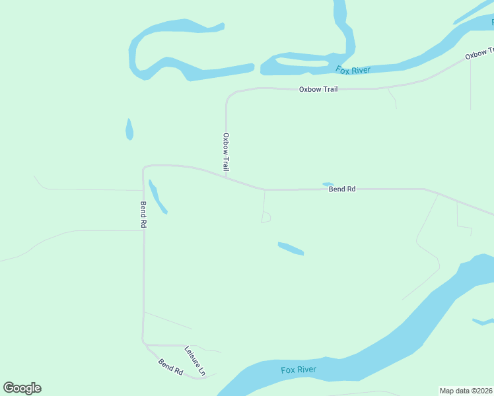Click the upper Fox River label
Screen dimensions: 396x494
coord(353,70)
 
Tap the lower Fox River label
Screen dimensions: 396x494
coord(299,370)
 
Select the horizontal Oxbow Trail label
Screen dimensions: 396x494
coord(318,89)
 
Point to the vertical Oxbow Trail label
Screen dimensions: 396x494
coord(226,152)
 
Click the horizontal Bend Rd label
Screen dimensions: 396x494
coord(342,189)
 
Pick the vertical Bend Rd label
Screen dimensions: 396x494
coord(143,214)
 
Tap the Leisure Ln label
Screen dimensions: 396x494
coord(195,361)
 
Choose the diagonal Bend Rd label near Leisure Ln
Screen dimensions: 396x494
coord(170,367)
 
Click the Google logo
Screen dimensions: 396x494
coord(22,388)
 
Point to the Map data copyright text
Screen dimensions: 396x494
coord(466,391)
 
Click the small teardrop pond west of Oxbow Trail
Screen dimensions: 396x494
coord(129,129)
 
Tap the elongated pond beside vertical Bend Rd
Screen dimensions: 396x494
coord(157,197)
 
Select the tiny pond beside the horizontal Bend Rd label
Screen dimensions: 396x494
coord(328,184)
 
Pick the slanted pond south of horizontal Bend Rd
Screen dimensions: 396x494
coord(291,248)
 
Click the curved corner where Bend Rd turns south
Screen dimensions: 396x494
coord(145,167)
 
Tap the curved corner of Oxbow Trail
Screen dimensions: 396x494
coord(229,96)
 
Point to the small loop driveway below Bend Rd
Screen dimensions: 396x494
coord(266,217)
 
